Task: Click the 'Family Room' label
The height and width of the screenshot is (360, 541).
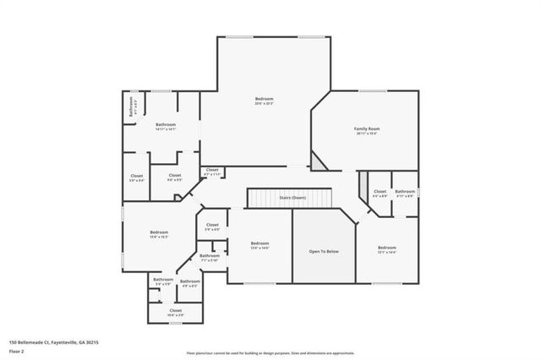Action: [x=366, y=130]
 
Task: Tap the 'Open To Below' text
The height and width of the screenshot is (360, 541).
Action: [x=324, y=251]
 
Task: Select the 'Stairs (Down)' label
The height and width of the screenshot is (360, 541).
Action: [x=292, y=197]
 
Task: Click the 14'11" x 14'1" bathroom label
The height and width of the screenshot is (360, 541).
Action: [x=165, y=127]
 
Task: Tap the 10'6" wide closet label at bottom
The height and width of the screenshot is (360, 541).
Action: [x=175, y=313]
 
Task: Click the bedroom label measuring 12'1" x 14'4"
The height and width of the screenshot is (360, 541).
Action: [x=386, y=249]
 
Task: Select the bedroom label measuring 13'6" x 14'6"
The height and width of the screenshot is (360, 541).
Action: [x=259, y=245]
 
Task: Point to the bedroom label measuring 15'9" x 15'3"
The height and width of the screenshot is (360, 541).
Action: [x=159, y=234]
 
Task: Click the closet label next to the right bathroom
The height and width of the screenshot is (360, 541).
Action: [x=380, y=194]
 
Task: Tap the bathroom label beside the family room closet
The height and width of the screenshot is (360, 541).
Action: [x=405, y=194]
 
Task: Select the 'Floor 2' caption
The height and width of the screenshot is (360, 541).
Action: [x=17, y=350]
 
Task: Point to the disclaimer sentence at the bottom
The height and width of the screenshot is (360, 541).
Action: [x=270, y=353]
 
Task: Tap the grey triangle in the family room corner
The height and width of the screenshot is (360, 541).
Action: [x=316, y=161]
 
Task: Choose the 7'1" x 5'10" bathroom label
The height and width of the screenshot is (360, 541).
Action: [x=209, y=258]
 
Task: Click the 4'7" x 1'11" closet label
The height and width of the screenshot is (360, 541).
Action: [x=212, y=172]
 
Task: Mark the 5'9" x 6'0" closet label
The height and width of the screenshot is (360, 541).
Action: [x=212, y=227]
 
